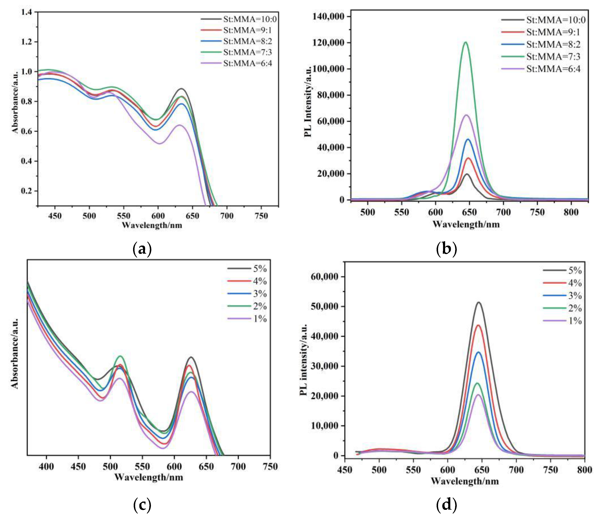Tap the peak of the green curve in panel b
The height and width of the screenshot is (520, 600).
click(466, 42)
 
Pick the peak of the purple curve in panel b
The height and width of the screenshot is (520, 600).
click(467, 115)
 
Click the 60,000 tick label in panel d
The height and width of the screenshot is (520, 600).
click(324, 277)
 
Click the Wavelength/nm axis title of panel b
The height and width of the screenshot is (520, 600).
click(466, 224)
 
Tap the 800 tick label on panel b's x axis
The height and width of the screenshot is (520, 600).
click(571, 212)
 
